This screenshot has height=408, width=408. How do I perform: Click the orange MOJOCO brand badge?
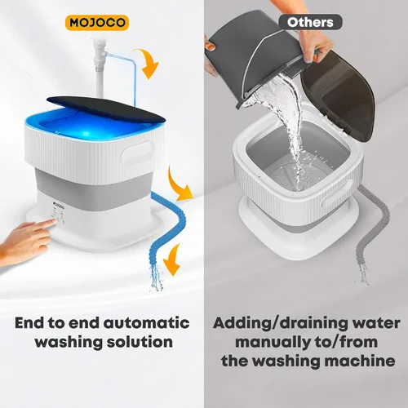coord(97,23)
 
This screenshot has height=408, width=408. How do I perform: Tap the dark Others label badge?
coord(310,22)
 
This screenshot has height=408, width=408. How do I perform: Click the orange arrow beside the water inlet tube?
coord(149,62)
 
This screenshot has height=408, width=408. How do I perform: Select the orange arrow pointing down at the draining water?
coord(173,259)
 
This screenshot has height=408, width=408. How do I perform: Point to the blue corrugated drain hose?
coord(166,226)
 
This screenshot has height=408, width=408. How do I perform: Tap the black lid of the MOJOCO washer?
coord(106,109)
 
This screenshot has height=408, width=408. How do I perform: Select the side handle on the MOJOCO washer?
coord(138,153)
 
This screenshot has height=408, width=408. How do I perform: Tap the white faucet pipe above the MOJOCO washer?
coord(99,67)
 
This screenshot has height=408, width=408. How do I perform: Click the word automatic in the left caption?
coord(146,323)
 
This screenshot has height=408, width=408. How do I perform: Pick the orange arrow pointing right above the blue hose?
coord(178,185)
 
